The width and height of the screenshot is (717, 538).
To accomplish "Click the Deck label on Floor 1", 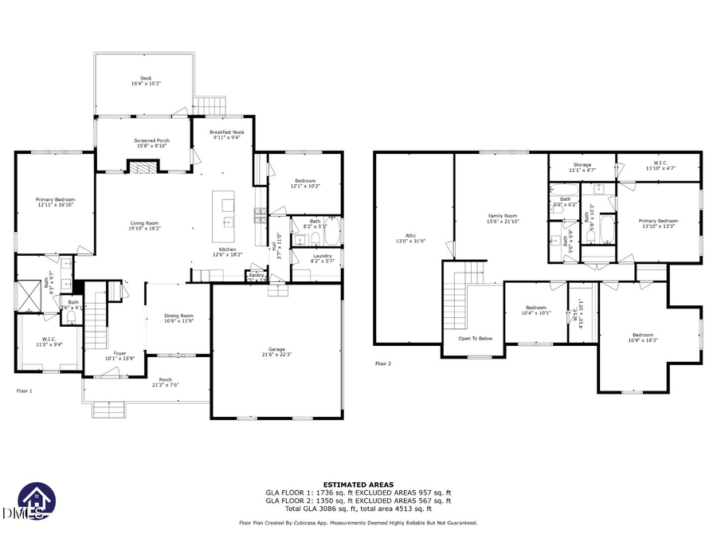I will (146, 81).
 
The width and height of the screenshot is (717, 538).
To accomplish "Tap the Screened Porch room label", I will (151, 143).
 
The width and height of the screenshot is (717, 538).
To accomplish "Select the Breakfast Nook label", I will (226, 134).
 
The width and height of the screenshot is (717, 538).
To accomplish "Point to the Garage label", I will (277, 352).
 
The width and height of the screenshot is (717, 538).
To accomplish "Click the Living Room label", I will (145, 226).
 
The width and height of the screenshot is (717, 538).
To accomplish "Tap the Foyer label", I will (120, 355).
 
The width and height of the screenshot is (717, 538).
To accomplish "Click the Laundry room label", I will (322, 257).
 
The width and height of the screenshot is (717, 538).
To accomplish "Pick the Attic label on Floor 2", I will (411, 238).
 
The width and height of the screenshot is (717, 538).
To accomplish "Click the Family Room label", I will (503, 218).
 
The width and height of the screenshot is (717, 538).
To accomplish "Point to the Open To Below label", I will (475, 338).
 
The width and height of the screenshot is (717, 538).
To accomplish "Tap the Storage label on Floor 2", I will (582, 167).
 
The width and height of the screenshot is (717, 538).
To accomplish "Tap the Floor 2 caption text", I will (384, 363).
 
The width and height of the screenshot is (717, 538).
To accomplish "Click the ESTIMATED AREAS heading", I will (358, 485).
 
